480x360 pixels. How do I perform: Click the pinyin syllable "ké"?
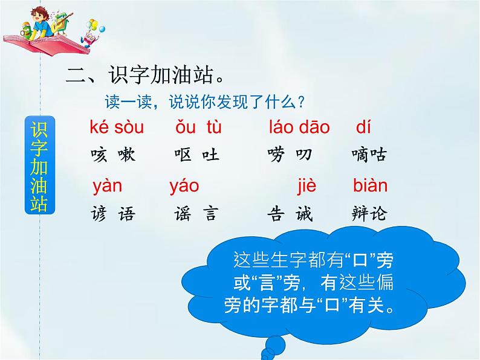click(99, 127)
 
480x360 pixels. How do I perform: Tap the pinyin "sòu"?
click(129, 127)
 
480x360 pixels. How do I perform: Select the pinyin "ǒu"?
click(185, 127)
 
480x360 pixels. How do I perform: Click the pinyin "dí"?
click(363, 127)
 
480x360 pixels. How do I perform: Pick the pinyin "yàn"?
click(107, 186)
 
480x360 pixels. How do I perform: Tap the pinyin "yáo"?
click(184, 186)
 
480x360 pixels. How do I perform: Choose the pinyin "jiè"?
click(306, 185)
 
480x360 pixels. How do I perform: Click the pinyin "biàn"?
click(370, 185)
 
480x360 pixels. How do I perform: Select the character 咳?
click(99, 155)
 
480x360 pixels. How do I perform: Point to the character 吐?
click(210, 155)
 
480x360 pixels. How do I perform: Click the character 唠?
click(276, 155)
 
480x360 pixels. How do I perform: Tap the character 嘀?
click(360, 155)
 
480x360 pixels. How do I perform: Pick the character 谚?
click(99, 213)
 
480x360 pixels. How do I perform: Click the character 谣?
click(183, 213)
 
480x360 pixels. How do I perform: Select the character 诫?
click(304, 213)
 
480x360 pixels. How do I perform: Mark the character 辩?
click(360, 213)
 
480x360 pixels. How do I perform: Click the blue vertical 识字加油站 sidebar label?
click(40, 165)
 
